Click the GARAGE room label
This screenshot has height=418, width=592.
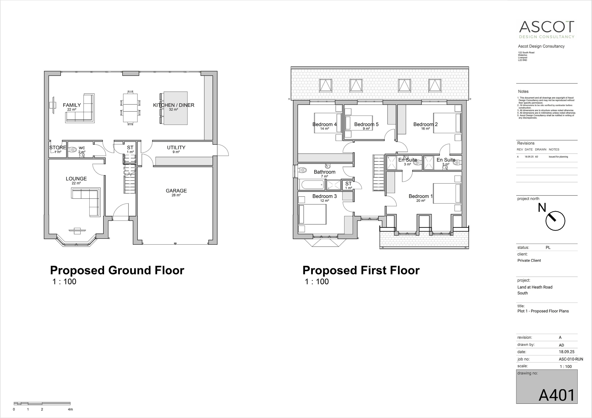(x=176, y=191)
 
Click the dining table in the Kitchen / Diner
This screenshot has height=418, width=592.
(x=130, y=108)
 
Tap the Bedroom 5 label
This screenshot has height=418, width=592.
(x=366, y=124)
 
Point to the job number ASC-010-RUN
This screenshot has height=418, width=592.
(x=571, y=359)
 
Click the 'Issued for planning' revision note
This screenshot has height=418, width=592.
(x=558, y=157)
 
